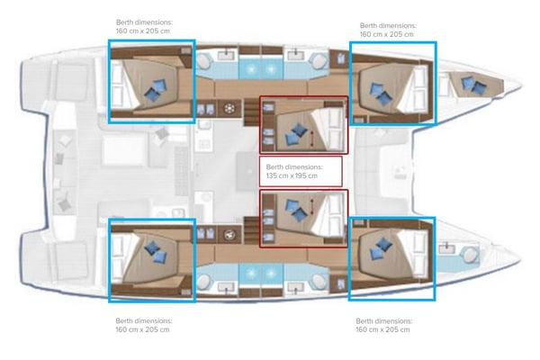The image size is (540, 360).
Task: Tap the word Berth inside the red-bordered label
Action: click(x=275, y=166)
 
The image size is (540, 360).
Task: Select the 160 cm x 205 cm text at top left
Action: click(x=143, y=31)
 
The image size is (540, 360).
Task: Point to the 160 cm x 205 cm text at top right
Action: click(x=386, y=35)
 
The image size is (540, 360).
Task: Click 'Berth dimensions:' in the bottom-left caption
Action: click(x=144, y=320)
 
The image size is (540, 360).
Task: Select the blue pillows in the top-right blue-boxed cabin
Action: click(x=378, y=92)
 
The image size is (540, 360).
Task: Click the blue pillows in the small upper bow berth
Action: click(x=472, y=85)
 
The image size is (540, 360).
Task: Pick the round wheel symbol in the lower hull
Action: click(x=229, y=237)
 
